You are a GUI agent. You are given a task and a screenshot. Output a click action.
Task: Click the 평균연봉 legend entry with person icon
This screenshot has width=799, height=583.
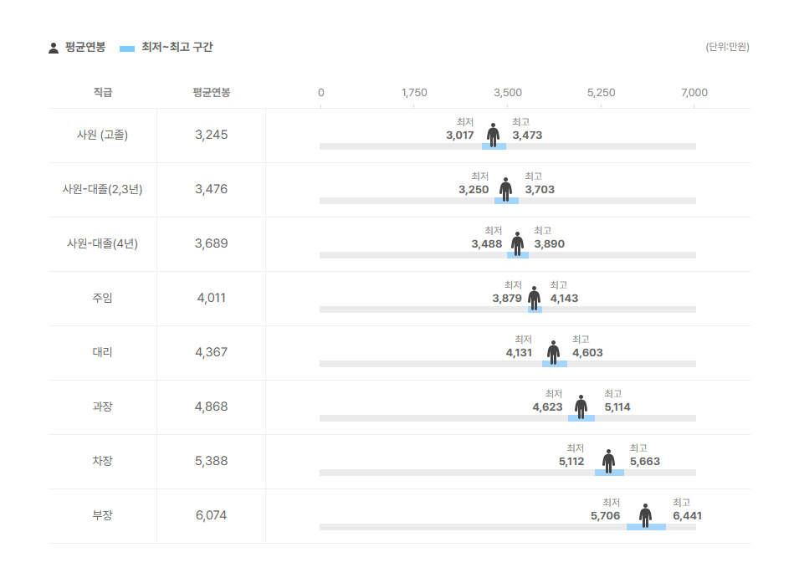(x=77, y=48)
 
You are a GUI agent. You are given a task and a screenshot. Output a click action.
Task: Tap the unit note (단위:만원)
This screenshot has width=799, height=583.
(x=727, y=47)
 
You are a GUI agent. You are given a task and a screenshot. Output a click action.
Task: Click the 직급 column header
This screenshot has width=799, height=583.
(x=102, y=93)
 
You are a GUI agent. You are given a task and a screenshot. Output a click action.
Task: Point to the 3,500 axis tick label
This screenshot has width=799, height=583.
(x=508, y=93)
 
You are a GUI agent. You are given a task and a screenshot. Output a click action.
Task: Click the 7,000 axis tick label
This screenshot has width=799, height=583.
(x=694, y=93)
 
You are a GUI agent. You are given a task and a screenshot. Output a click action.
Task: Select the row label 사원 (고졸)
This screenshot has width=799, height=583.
(x=102, y=135)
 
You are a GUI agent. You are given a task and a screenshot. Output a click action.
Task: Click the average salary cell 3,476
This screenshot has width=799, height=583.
(x=211, y=189)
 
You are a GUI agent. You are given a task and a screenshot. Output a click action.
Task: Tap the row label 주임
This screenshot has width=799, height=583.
(x=102, y=298)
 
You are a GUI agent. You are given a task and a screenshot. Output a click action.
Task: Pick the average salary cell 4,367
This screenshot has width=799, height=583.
(x=211, y=352)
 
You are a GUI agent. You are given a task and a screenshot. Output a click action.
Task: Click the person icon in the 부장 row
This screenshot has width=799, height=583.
(x=645, y=515)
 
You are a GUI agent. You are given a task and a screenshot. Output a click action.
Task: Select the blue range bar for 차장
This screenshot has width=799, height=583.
(x=609, y=473)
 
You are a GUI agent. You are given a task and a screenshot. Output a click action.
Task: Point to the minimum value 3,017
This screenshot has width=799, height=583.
(x=460, y=135)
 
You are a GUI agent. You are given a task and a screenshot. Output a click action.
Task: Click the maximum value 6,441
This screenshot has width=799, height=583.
(x=687, y=515)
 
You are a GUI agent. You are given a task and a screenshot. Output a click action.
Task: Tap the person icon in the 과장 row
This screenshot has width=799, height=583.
(x=581, y=407)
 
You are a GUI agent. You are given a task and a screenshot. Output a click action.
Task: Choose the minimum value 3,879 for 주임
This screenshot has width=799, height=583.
(x=507, y=298)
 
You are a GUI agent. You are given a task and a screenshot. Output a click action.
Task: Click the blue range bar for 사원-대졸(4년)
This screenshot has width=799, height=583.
(x=517, y=255)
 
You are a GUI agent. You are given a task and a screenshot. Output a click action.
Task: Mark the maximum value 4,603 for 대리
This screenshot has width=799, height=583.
(x=587, y=352)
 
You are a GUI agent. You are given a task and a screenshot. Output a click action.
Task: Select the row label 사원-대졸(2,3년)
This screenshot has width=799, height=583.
(x=102, y=189)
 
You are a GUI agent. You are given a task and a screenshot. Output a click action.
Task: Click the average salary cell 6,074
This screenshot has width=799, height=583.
(x=211, y=515)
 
